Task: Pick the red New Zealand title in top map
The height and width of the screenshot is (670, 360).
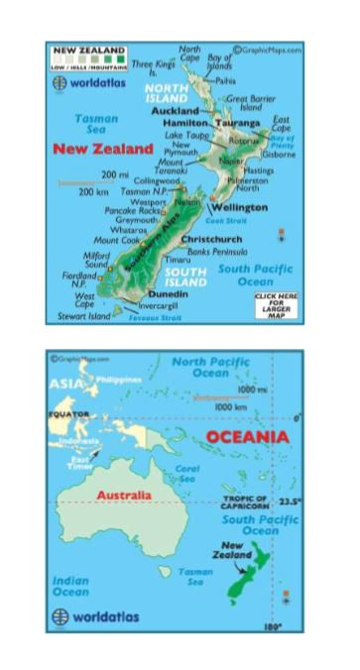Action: click(103, 149)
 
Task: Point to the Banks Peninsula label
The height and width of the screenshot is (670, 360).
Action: click(217, 252)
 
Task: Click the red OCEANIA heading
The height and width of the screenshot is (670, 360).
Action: click(248, 437)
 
